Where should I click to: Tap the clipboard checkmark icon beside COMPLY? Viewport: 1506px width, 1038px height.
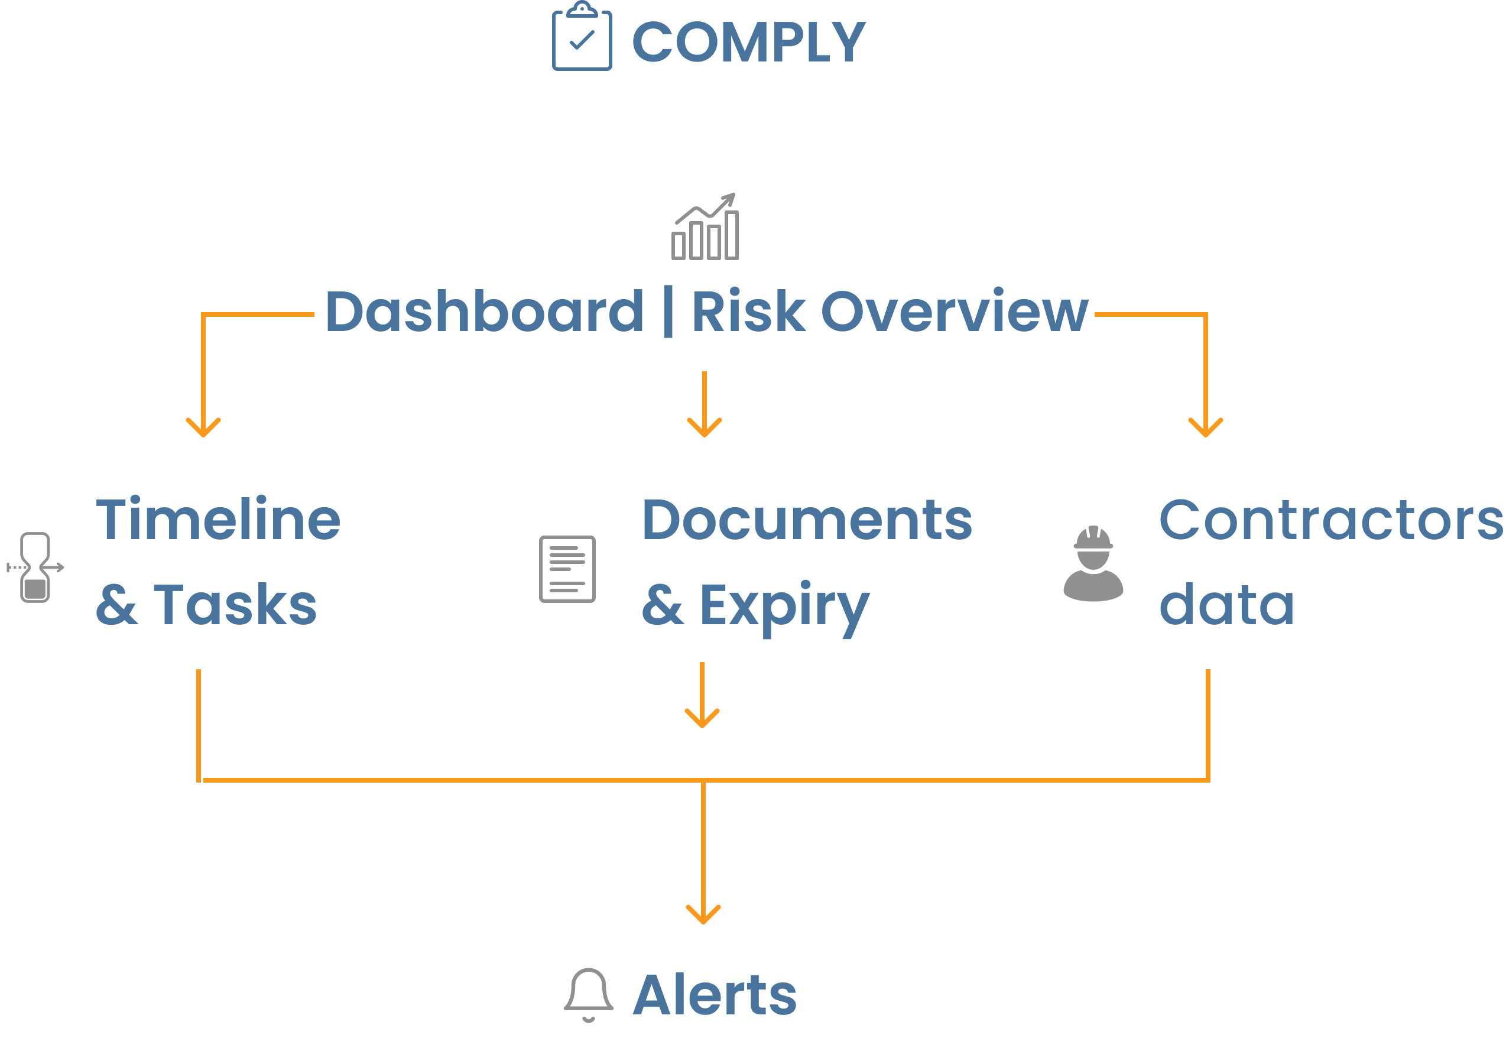tap(582, 37)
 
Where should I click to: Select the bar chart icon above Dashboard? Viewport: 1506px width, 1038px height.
tap(705, 228)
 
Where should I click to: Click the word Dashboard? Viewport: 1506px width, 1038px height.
tap(484, 312)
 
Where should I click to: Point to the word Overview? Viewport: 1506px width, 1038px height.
tap(954, 312)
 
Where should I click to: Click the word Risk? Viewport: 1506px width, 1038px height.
tap(748, 312)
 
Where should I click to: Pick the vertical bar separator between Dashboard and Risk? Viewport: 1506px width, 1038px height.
tap(667, 313)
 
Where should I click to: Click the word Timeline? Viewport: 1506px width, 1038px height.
tap(219, 520)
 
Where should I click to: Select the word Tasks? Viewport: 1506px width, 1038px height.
tap(235, 605)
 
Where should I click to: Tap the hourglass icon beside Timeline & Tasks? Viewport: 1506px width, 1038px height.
tap(35, 567)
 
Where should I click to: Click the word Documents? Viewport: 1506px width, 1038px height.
tap(806, 520)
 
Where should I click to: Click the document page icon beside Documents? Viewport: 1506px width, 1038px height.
tap(567, 569)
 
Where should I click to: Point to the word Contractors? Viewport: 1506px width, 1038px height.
tap(1330, 520)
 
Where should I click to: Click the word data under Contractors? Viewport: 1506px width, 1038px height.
tap(1226, 605)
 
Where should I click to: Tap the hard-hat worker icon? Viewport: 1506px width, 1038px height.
tap(1092, 564)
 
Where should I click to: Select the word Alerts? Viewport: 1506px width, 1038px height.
tap(715, 995)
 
